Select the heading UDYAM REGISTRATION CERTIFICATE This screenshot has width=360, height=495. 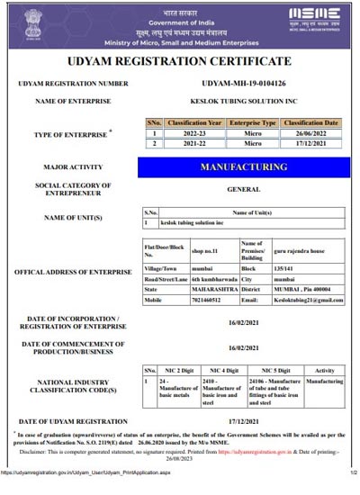[x=180, y=61]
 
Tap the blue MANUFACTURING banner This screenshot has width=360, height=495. [x=244, y=167]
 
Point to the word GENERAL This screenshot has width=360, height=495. [x=244, y=190]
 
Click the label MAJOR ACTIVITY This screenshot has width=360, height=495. [x=68, y=167]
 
